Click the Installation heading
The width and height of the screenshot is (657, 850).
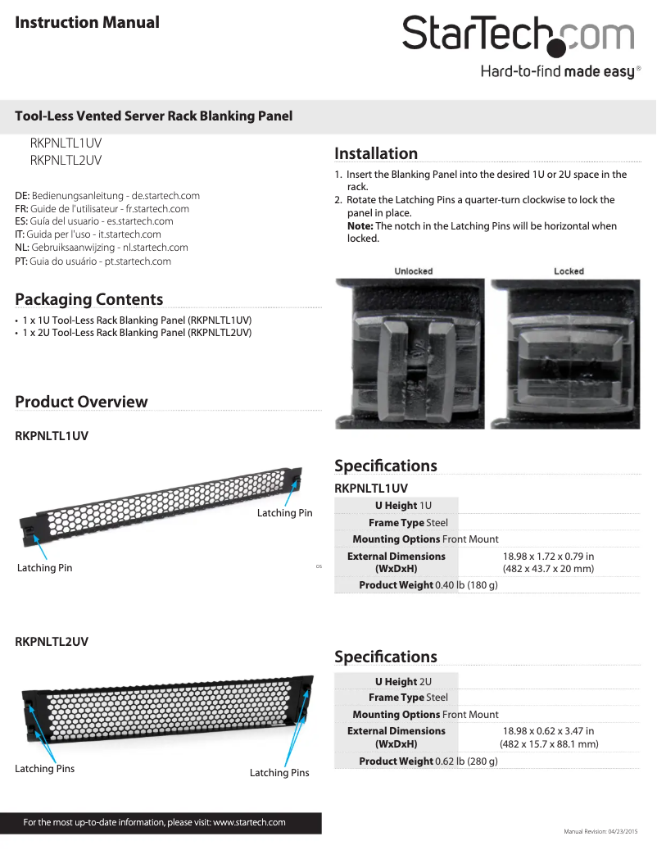[x=376, y=153]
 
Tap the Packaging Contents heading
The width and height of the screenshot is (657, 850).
[x=88, y=299]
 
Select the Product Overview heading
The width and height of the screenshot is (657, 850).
[x=81, y=402]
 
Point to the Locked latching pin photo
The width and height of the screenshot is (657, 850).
[x=569, y=354]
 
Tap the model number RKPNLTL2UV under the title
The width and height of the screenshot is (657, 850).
[x=66, y=161]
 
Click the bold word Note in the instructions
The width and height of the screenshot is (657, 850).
[x=360, y=226]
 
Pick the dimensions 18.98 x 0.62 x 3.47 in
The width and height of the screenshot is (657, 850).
[x=548, y=731]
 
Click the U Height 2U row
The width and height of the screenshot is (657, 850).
[x=403, y=682]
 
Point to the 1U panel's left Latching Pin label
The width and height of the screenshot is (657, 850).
[x=44, y=568]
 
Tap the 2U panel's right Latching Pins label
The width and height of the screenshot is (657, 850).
[x=279, y=773]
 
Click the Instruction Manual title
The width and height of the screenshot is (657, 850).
[x=87, y=22]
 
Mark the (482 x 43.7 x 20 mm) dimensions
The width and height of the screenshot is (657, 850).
[x=548, y=569]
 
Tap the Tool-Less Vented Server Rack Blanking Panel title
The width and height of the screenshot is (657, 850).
[x=154, y=116]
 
